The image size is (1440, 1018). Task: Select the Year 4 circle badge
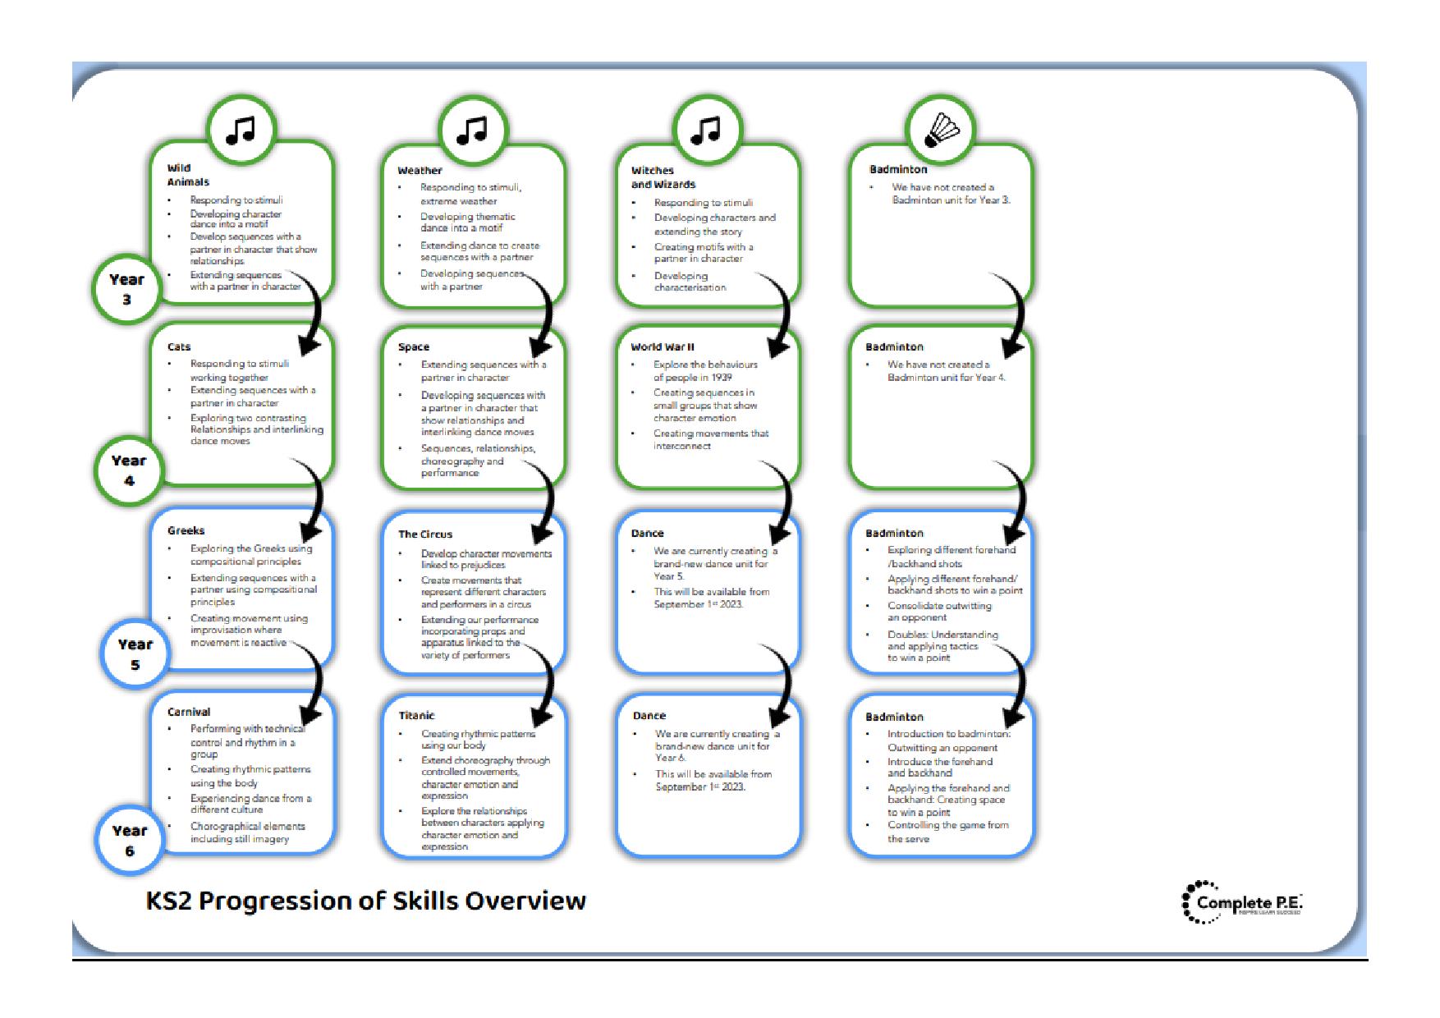click(x=128, y=470)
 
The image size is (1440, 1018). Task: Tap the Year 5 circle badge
click(x=135, y=654)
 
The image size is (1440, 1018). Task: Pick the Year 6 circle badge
click(x=129, y=840)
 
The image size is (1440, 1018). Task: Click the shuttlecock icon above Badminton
click(x=941, y=130)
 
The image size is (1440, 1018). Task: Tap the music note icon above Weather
click(x=472, y=130)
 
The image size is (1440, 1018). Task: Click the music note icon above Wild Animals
click(x=241, y=130)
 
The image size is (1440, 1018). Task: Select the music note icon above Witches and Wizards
click(x=706, y=130)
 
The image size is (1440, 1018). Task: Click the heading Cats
click(x=179, y=346)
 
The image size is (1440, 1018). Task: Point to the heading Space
click(x=413, y=346)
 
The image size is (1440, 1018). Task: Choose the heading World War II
click(x=662, y=346)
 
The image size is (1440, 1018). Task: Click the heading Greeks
click(x=186, y=530)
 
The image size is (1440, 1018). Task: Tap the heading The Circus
click(x=424, y=534)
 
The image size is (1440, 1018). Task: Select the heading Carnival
click(x=188, y=712)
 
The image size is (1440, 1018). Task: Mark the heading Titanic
click(x=415, y=715)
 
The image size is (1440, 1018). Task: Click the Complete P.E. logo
click(x=1241, y=902)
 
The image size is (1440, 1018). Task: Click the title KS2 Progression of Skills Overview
click(x=365, y=901)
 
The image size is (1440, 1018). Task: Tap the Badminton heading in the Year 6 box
click(x=894, y=717)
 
